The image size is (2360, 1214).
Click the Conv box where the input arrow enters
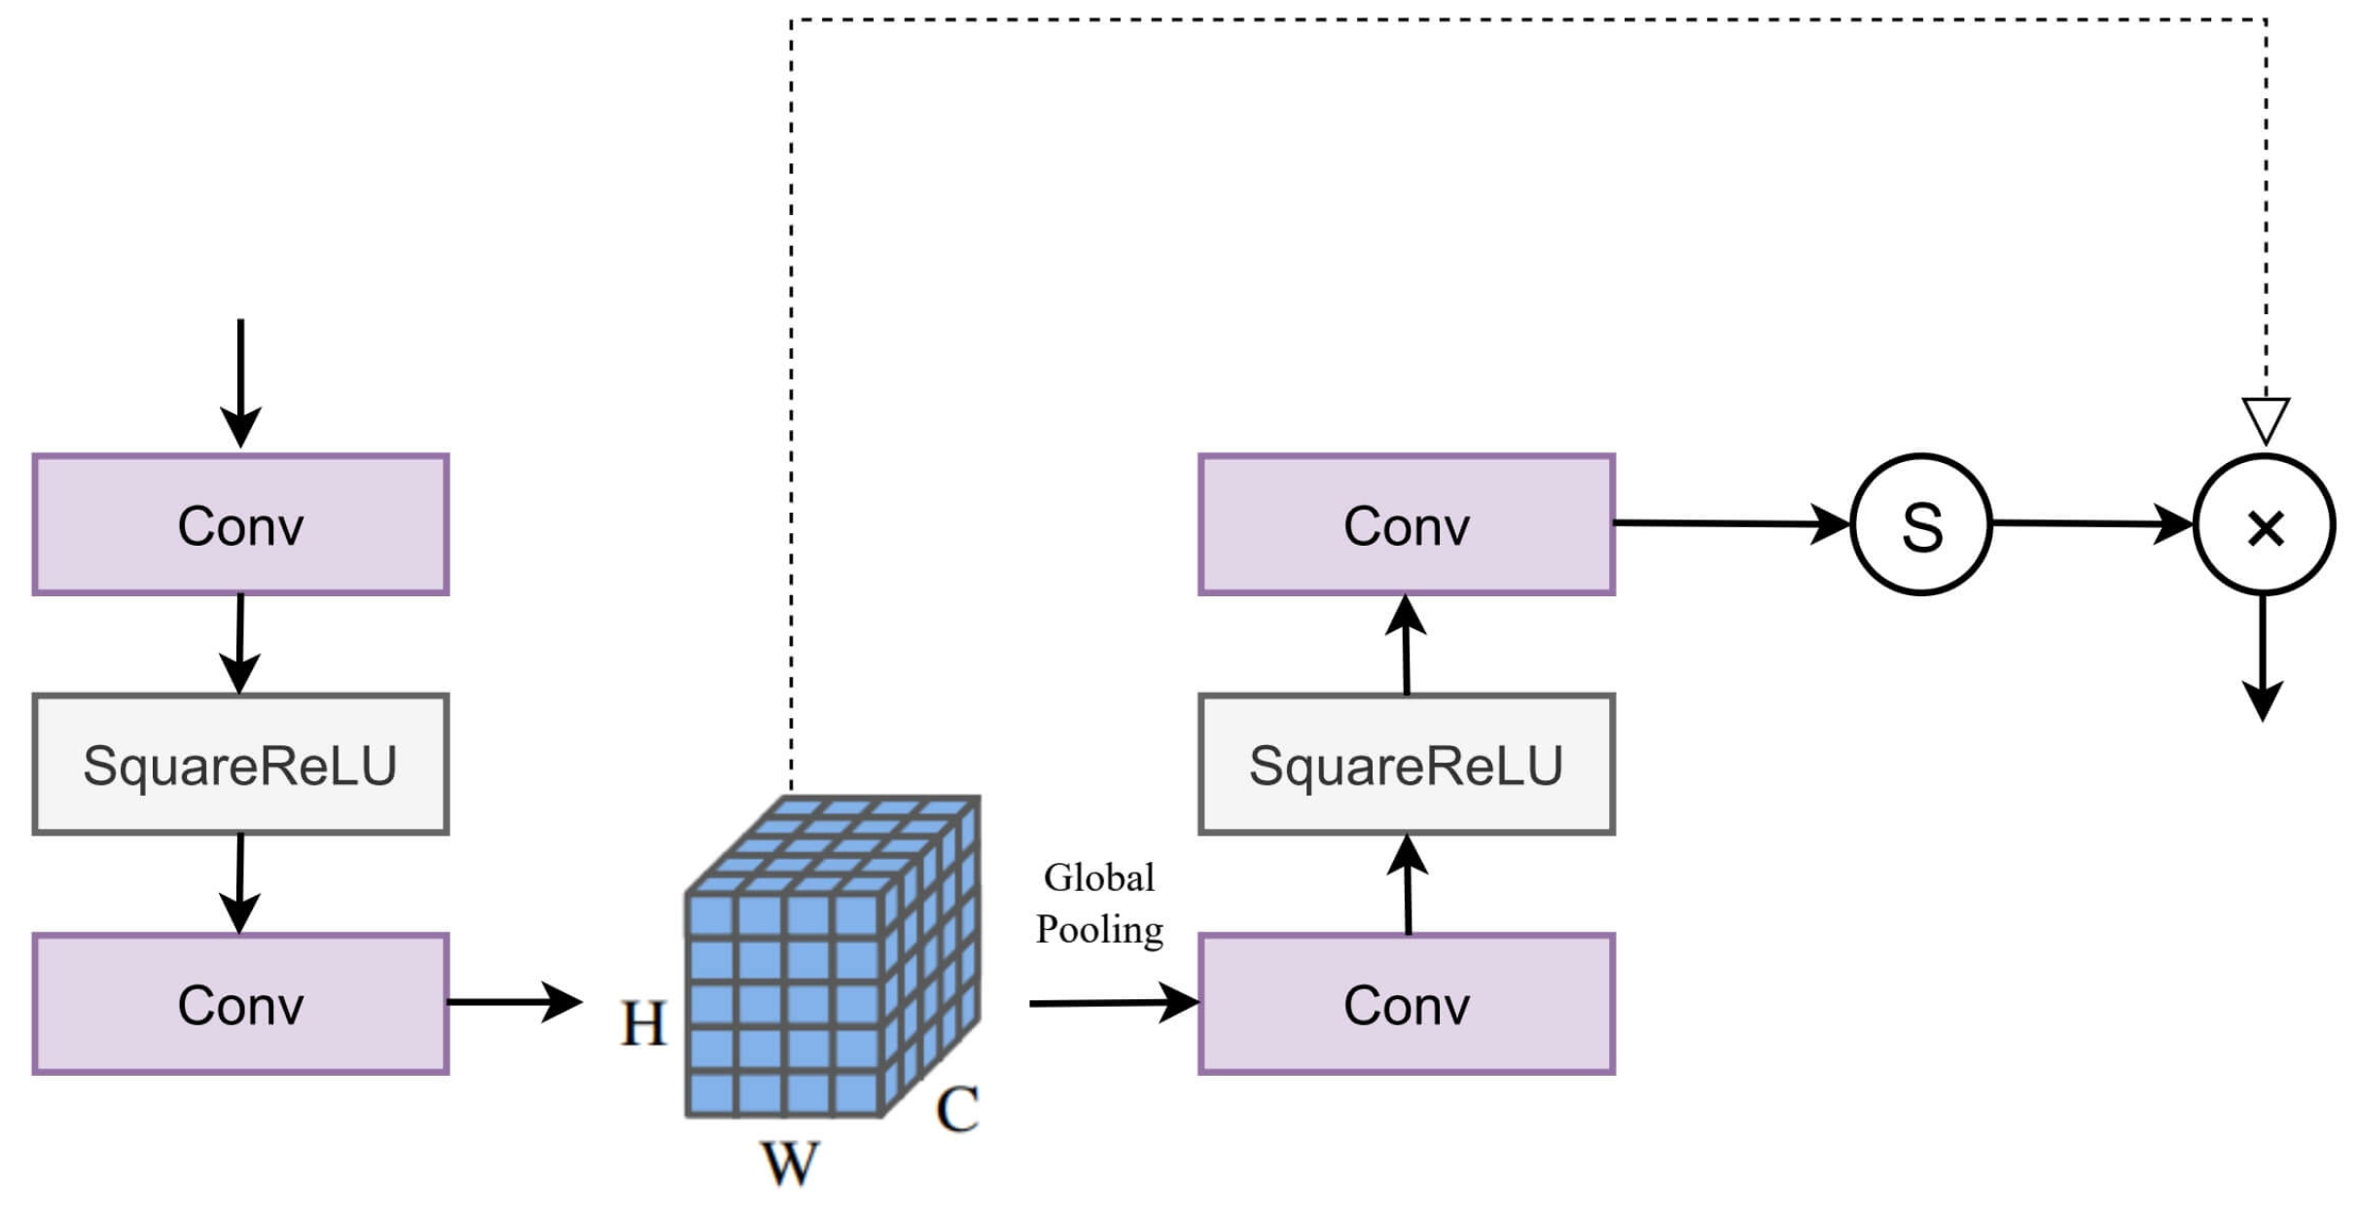point(240,524)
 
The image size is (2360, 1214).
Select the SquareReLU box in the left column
point(240,765)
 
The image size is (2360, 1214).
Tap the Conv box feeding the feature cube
point(240,1004)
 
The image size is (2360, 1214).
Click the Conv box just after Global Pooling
point(1407,1004)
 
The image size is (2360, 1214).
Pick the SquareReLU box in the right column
point(1407,765)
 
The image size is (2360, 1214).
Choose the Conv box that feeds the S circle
point(1407,524)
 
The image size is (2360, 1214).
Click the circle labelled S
point(1921,524)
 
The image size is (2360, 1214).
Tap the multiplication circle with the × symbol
point(2265,524)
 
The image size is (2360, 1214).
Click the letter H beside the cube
point(643,1023)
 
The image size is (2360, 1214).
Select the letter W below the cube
point(789,1162)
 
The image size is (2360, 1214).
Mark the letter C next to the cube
point(957,1109)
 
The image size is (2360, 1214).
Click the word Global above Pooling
point(1099,877)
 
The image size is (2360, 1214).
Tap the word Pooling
point(1099,930)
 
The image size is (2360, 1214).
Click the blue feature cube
point(833,956)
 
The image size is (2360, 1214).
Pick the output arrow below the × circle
point(2264,658)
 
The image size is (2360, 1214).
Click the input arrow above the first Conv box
point(240,383)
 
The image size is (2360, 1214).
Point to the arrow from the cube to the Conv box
point(1114,1003)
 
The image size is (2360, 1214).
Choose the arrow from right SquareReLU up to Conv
point(1407,644)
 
